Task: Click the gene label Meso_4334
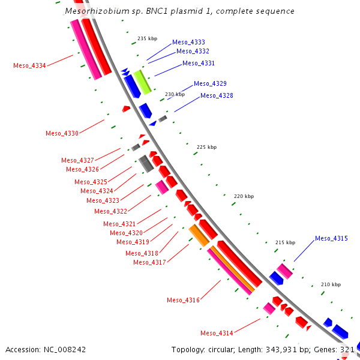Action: [x=29, y=65]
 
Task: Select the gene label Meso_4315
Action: [x=331, y=239]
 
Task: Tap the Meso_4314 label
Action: [x=217, y=333]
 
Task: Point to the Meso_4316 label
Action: [x=183, y=300]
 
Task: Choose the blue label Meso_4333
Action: [x=188, y=42]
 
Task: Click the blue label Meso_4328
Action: [x=217, y=95]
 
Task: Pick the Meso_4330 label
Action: [x=62, y=133]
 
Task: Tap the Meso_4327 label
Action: [x=77, y=160]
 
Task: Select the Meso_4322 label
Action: [x=110, y=211]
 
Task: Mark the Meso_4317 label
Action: [x=149, y=262]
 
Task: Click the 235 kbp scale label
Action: [x=147, y=38]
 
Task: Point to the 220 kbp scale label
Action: [x=244, y=196]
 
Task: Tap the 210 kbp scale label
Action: [x=331, y=284]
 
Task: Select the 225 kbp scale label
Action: [x=206, y=147]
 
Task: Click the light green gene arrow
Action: [x=142, y=82]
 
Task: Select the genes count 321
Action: [x=347, y=349]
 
